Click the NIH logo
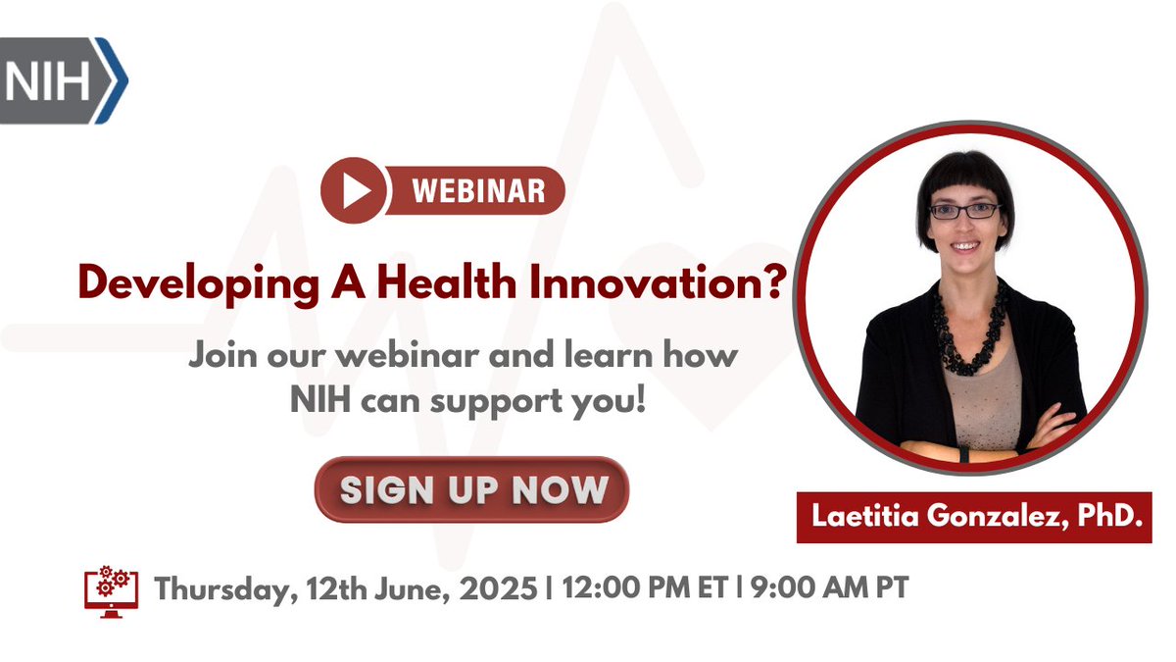tap(61, 81)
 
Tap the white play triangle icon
tap(354, 190)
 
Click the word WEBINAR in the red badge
tap(478, 190)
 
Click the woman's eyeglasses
tap(964, 211)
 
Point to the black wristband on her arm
tap(962, 454)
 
